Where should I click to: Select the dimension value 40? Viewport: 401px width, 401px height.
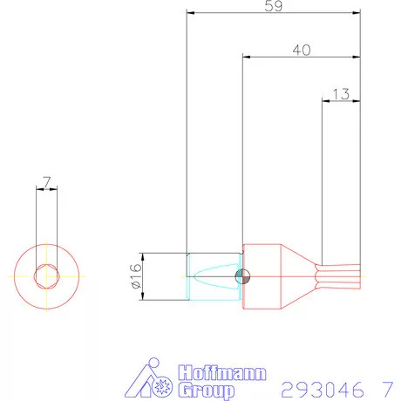302,51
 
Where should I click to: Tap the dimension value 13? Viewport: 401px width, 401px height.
341,93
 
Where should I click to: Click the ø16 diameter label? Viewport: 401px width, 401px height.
135,277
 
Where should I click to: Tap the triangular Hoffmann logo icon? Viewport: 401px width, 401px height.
153,381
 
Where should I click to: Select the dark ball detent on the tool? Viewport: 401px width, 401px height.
243,277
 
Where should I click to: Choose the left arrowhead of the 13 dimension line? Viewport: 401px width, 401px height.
325,101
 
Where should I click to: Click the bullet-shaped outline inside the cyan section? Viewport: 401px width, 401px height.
214,277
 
